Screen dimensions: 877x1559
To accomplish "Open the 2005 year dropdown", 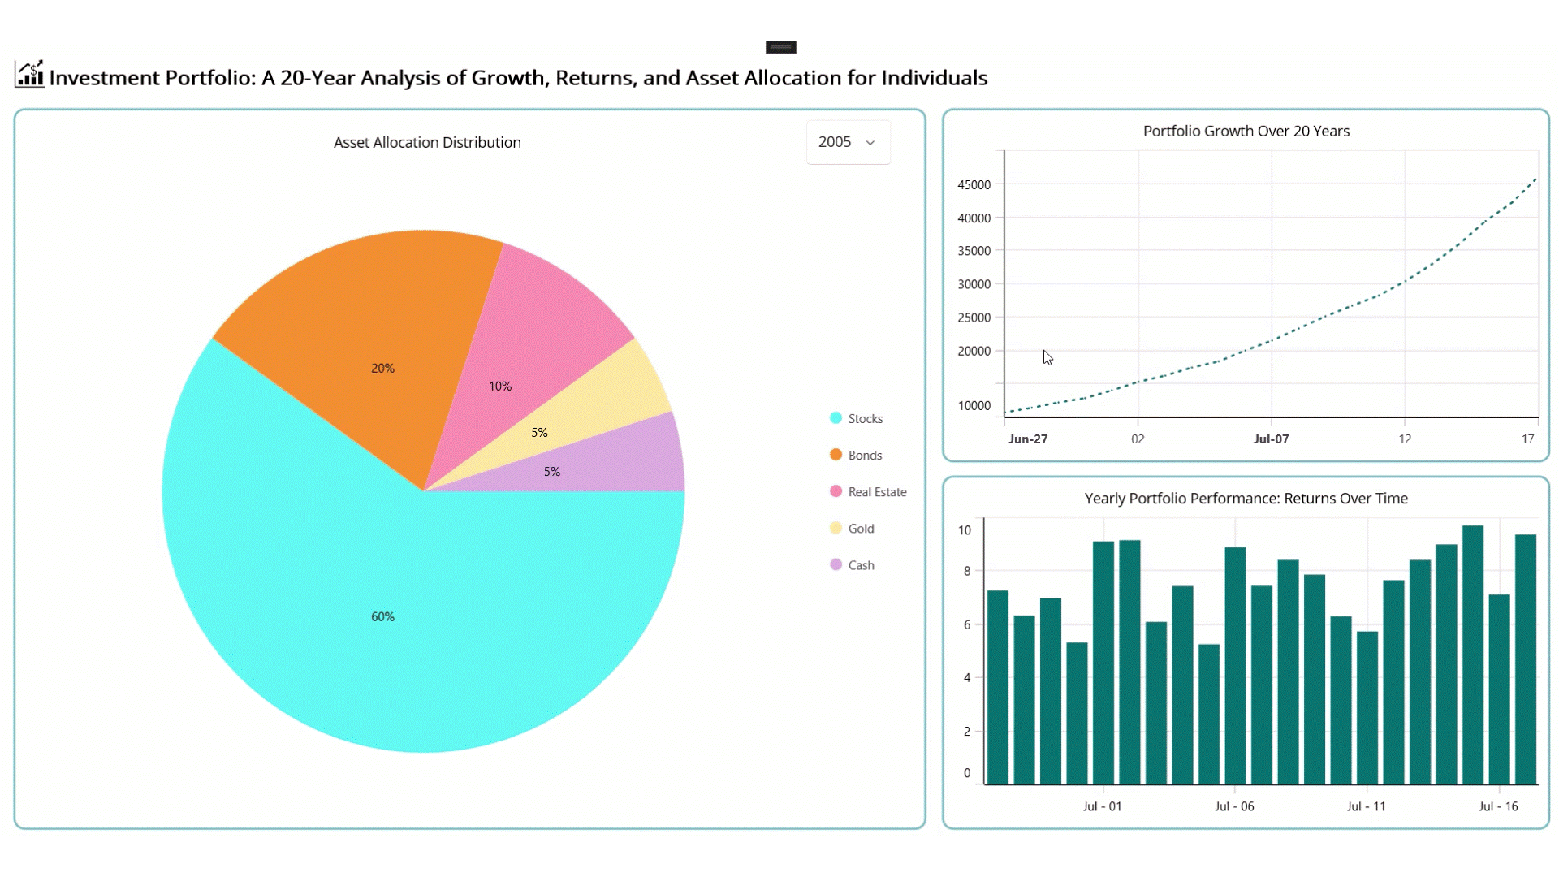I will coord(848,142).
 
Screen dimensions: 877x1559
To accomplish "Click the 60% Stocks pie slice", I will coord(382,617).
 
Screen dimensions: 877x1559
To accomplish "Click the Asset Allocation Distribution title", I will coord(427,142).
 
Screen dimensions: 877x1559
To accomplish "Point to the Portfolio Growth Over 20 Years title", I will coord(1246,131).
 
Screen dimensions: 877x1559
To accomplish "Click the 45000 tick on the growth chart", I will coord(974,185).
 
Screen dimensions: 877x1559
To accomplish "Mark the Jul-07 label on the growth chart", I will coord(1271,439).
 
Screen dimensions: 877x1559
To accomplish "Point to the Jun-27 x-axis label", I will coord(1027,439).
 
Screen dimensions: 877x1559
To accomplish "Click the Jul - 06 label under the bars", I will coord(1234,806).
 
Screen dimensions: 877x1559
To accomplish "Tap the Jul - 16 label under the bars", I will coord(1498,806).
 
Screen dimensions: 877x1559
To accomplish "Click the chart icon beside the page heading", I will coord(29,75).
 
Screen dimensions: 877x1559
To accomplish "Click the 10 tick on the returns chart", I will coord(965,530).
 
